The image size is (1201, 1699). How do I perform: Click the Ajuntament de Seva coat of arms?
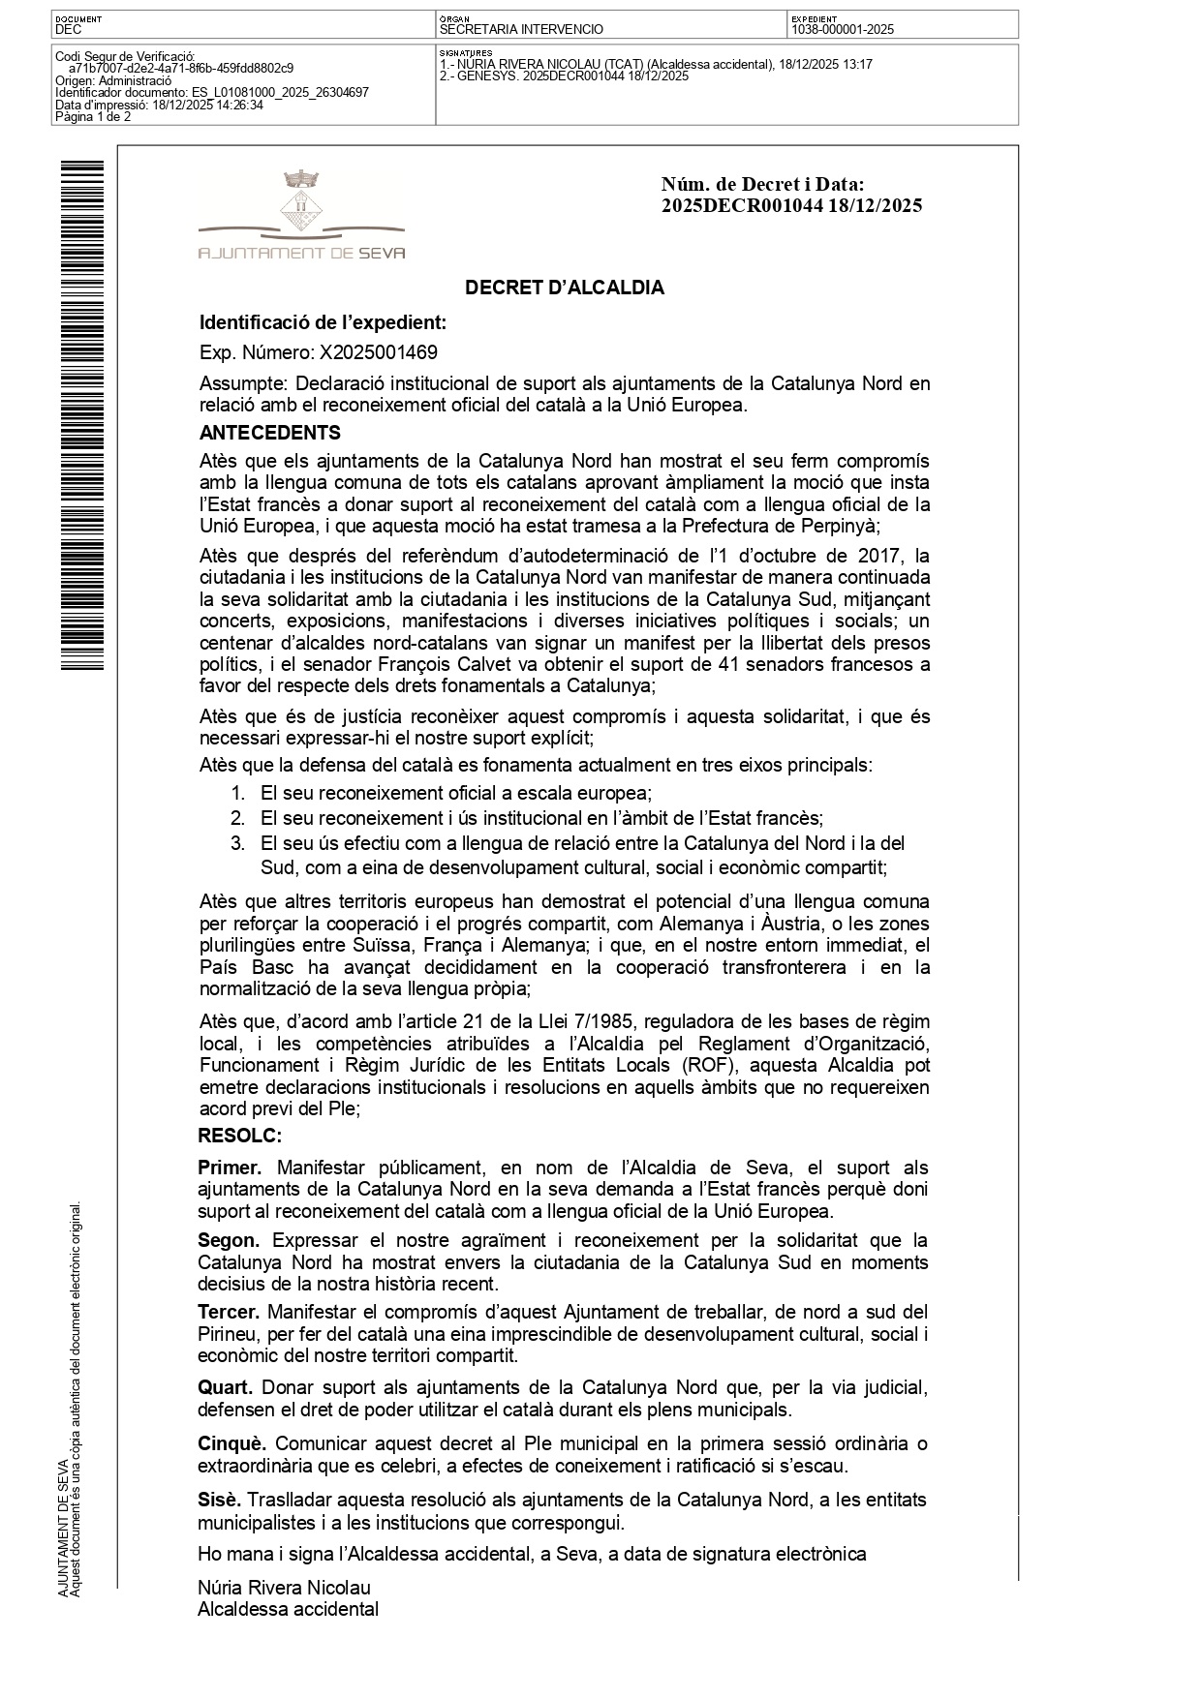[x=301, y=204]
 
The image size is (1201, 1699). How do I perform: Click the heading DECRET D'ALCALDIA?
[x=564, y=288]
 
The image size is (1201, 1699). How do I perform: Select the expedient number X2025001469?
[x=371, y=352]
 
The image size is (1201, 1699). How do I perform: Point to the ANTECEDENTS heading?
[x=269, y=433]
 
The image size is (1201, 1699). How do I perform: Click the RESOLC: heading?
[x=239, y=1135]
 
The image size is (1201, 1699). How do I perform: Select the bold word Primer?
[x=230, y=1168]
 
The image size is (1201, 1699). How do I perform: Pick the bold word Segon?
[x=229, y=1240]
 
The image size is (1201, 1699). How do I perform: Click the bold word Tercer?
[x=229, y=1312]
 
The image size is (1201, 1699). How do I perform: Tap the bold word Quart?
[x=225, y=1386]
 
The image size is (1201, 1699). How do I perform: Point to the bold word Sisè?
[x=219, y=1501]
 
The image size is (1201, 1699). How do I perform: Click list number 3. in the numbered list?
[x=237, y=843]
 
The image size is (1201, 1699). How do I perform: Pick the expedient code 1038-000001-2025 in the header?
[x=842, y=30]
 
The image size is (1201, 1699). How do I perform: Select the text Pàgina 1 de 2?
[x=93, y=117]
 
